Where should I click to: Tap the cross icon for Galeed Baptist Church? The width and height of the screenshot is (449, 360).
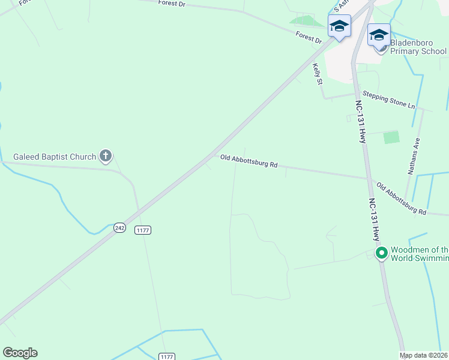106,157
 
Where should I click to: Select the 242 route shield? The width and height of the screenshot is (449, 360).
120,227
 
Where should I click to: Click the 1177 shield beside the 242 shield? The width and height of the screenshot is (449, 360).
143,230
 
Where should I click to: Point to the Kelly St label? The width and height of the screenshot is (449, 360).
318,75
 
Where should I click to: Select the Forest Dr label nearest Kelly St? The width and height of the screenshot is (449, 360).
309,37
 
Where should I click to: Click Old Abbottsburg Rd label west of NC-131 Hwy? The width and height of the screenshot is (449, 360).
249,161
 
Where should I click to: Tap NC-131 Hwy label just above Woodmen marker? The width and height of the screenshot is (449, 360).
374,219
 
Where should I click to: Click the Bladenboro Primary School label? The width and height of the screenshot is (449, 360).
418,47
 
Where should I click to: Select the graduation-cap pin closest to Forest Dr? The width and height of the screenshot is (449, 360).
339,26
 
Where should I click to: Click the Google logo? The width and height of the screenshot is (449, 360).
20,353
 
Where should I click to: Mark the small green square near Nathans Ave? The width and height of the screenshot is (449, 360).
391,137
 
